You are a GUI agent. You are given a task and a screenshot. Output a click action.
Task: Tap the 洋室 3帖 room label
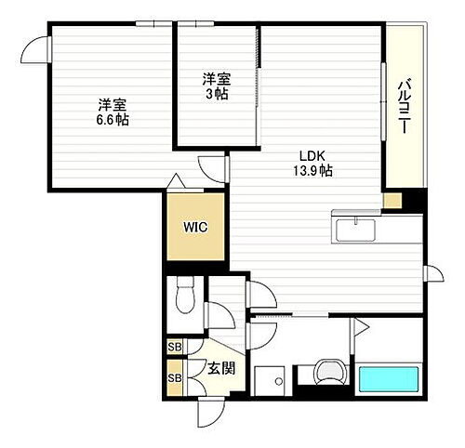coord(217,86)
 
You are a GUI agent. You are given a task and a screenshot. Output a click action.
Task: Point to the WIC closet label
coord(195,225)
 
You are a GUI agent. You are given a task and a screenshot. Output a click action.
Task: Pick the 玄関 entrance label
coord(220,368)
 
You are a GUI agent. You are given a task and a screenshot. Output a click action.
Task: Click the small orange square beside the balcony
coord(392,199)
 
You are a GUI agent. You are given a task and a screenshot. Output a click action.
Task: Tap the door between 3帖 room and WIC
coord(214,166)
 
